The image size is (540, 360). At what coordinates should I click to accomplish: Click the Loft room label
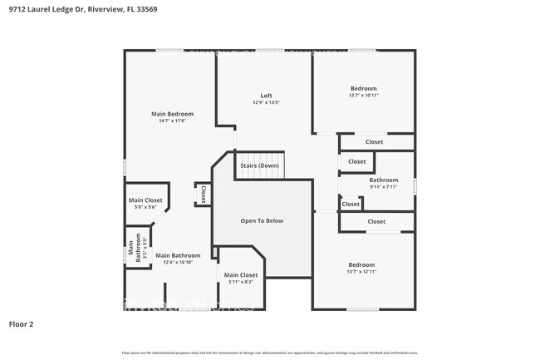point(266,96)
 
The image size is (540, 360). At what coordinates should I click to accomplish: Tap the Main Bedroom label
point(172,114)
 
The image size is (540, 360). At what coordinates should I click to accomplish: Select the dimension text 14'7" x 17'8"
point(172,121)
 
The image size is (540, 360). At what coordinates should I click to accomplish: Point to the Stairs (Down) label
point(259,165)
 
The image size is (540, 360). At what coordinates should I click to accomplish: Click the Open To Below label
point(262,221)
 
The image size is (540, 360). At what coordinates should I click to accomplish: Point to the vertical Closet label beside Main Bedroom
point(203,194)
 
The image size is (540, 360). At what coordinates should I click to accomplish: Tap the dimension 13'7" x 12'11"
point(361,272)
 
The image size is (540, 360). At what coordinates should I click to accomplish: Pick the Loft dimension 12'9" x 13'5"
point(266,103)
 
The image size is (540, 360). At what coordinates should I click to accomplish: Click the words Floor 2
point(21,323)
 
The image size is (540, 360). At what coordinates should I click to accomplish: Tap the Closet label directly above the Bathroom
point(356,161)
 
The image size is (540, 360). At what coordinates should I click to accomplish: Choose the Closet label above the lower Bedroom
point(376,221)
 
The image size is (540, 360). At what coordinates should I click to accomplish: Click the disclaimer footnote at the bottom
point(269,353)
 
